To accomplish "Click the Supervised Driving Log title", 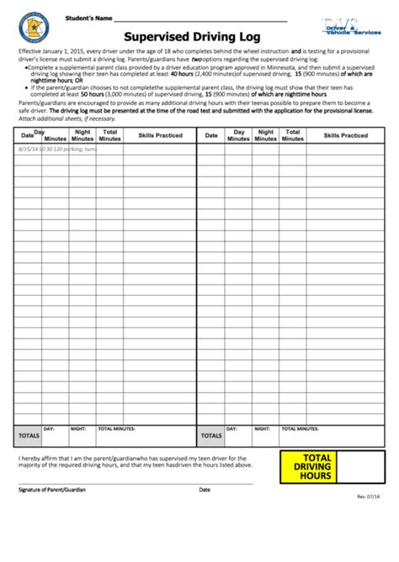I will [x=193, y=37].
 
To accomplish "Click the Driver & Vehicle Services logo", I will [x=349, y=28].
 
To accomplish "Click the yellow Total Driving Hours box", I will [x=312, y=467].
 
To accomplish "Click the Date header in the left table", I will [x=27, y=135].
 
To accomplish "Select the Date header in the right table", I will [x=210, y=135].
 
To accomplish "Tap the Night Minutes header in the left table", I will [x=82, y=135].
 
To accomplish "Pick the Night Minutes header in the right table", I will [x=265, y=135].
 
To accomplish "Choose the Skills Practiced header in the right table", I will [x=344, y=135].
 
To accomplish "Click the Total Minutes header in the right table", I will [x=292, y=135].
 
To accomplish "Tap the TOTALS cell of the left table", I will [x=29, y=436].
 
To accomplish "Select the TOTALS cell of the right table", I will [x=211, y=436].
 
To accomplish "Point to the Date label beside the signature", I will [x=205, y=490].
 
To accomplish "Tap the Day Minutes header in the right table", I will [x=238, y=135].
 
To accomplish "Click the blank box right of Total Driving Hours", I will [x=364, y=467].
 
